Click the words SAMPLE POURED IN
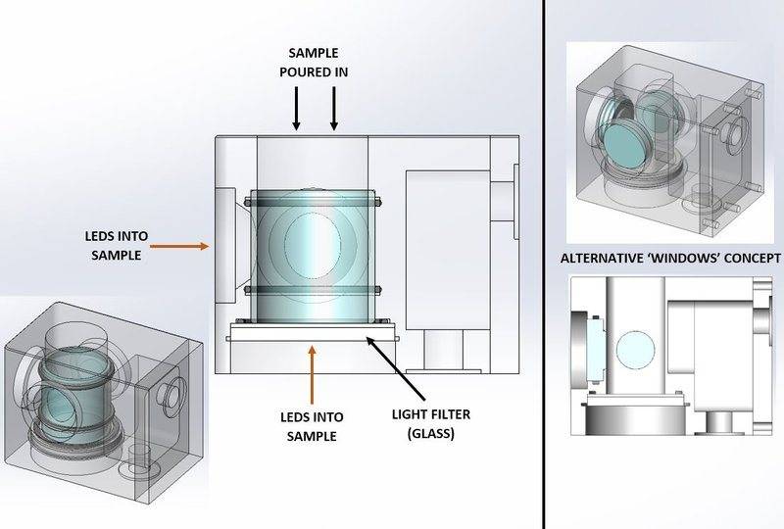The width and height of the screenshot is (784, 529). (x=316, y=62)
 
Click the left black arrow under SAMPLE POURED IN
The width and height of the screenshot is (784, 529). (x=296, y=108)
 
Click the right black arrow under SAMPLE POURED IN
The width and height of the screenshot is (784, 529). (x=334, y=108)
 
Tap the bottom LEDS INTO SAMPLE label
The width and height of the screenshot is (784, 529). (x=312, y=424)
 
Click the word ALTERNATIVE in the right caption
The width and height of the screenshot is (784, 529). (x=604, y=260)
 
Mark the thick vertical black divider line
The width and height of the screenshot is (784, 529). (x=544, y=264)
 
